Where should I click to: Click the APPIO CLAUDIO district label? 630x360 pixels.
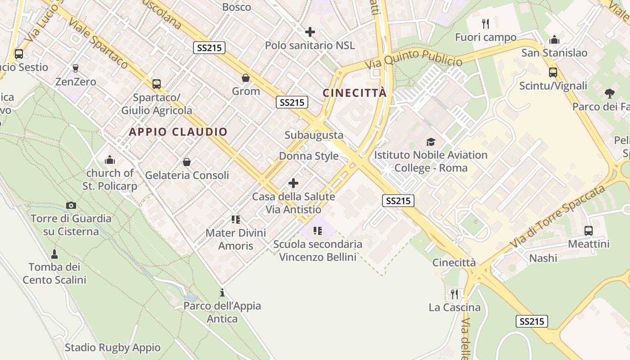[178, 132]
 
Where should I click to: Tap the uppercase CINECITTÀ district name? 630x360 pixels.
[355, 93]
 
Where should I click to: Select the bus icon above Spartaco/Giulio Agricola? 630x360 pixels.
[156, 84]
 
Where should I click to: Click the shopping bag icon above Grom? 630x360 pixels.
[246, 78]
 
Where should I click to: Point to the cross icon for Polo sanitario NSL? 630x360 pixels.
[310, 32]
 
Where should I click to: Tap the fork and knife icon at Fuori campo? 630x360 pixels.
[485, 23]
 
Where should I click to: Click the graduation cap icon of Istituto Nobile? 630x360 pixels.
[431, 142]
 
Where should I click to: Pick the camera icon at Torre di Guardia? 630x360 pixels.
[71, 206]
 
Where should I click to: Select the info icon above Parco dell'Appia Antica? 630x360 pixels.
[222, 293]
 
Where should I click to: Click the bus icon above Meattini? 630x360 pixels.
[588, 231]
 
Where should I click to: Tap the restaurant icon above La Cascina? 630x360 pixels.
[454, 294]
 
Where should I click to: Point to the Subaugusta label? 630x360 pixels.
[314, 135]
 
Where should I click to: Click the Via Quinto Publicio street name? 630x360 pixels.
[414, 59]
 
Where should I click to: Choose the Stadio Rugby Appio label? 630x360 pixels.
[112, 347]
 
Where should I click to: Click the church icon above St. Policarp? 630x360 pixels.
[110, 160]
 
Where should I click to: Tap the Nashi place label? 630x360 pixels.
[543, 258]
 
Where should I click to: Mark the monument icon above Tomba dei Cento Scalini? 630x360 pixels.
[54, 254]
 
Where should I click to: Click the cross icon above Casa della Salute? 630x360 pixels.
[293, 183]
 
